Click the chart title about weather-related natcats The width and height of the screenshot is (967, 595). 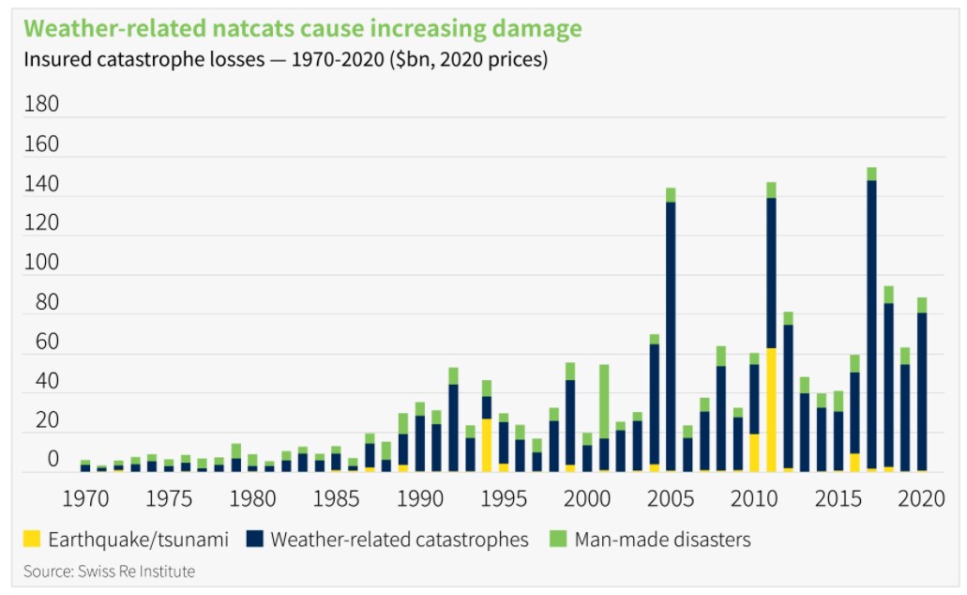point(303,28)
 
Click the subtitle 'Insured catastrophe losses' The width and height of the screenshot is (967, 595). point(285,60)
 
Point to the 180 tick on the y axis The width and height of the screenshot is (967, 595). point(42,104)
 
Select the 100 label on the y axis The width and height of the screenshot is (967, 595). point(42,264)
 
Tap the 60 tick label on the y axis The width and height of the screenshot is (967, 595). point(42,343)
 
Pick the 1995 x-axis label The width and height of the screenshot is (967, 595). point(503,498)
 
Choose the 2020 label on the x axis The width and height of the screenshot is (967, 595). point(920,498)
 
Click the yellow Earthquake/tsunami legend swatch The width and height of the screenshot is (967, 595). point(33,539)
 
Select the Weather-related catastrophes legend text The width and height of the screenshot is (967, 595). point(400,540)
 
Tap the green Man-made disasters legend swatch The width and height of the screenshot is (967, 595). point(557,539)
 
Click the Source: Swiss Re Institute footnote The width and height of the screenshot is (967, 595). point(110,571)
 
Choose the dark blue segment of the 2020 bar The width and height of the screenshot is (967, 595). point(922,390)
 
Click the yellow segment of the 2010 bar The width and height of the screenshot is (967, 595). point(754,451)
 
